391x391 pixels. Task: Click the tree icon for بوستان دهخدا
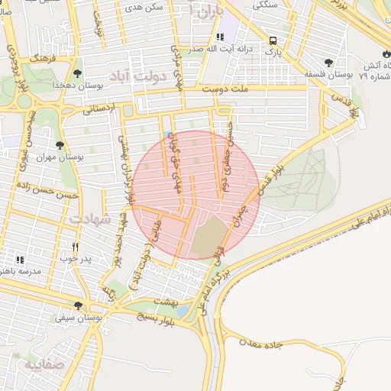(78, 73)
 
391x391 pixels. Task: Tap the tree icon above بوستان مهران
(60, 144)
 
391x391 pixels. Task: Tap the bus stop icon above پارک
(273, 41)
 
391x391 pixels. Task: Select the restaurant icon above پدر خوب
(75, 247)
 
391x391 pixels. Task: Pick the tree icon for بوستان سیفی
(78, 305)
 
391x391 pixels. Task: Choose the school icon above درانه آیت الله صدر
(221, 37)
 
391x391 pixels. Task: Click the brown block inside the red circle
(208, 237)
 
